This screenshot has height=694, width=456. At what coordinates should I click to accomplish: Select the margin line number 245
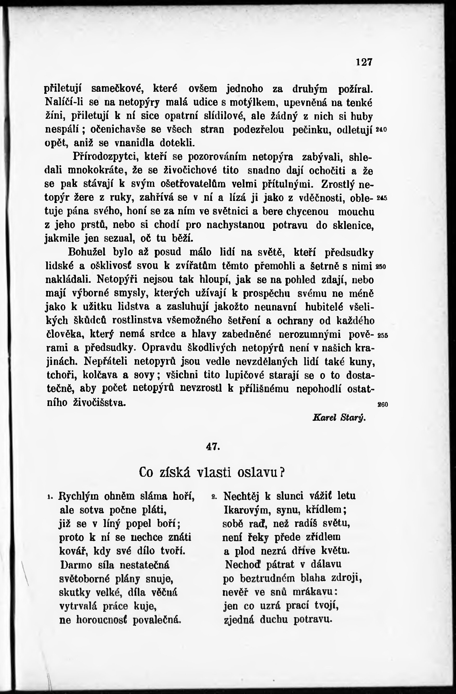coord(382,198)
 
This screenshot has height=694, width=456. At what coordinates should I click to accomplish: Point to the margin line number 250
coord(382,266)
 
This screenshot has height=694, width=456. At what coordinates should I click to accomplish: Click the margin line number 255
coord(382,335)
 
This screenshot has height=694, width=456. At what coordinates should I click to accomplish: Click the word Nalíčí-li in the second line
coord(64,103)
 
